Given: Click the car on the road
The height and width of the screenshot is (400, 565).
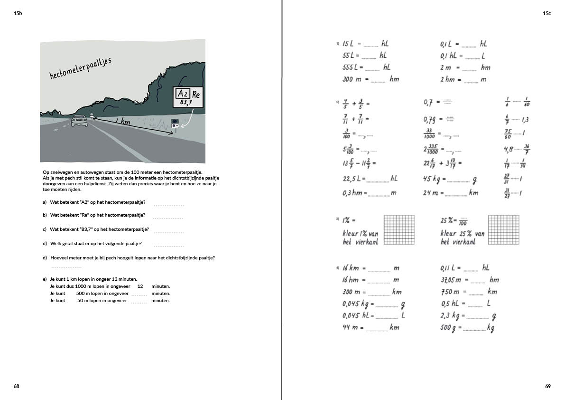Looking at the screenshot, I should pos(80,121).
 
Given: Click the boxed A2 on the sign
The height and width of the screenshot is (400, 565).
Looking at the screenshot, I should pos(182,93).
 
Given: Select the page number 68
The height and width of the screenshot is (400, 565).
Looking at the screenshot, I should pos(17,386).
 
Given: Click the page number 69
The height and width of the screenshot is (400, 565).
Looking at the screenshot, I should pos(548,386).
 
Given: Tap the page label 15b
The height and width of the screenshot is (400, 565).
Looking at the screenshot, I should pos(18,14).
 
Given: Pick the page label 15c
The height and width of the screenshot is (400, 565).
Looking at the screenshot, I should pos(546,14).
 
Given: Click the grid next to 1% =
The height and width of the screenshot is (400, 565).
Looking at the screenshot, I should pos(399,230).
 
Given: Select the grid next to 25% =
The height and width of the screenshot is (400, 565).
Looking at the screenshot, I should pos(504,230).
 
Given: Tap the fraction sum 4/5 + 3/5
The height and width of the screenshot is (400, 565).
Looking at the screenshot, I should pos(354,103).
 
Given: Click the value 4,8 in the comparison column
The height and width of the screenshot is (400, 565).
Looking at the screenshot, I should pos(509,150).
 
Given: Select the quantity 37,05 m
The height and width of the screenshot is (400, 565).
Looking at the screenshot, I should pos(451,280).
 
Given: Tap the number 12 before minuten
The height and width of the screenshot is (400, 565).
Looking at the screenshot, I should pos(140,286).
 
